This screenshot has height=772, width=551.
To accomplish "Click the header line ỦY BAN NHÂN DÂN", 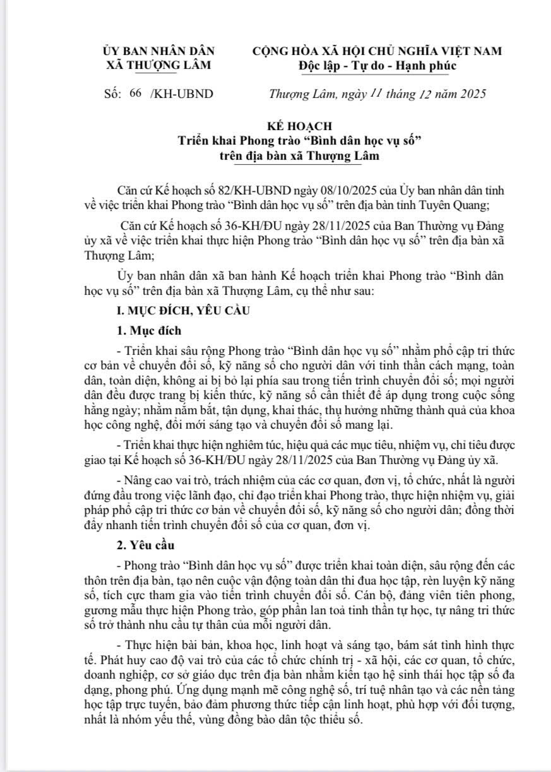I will pyautogui.click(x=158, y=52).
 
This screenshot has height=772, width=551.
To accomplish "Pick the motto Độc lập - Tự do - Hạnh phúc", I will pyautogui.click(x=377, y=65).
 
